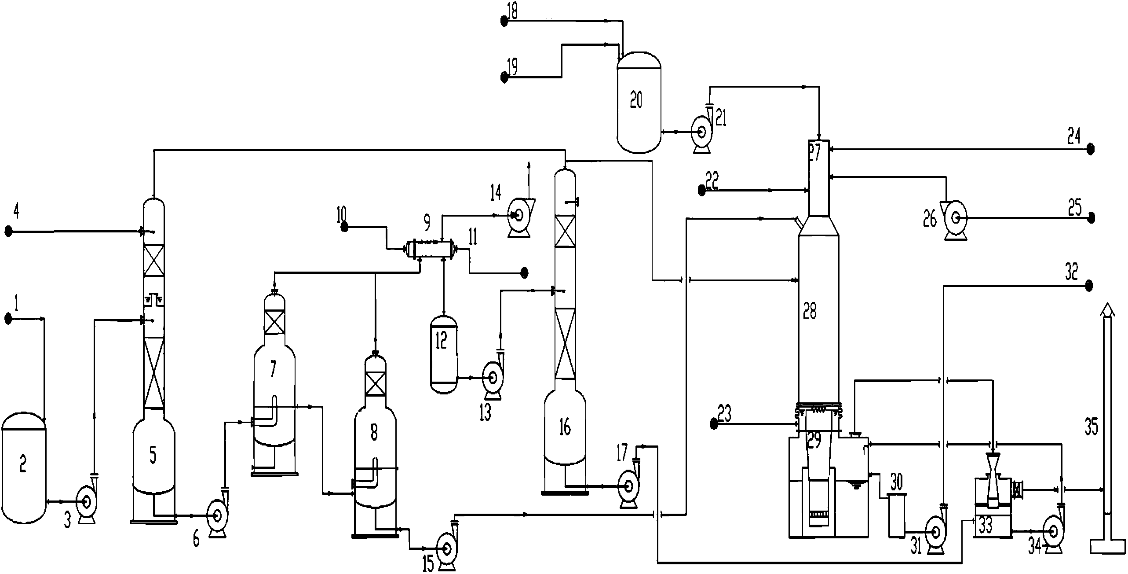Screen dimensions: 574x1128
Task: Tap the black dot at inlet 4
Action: [x=8, y=231]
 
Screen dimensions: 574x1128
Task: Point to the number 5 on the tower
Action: [x=153, y=456]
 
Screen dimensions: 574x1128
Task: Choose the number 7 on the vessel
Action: [x=273, y=369]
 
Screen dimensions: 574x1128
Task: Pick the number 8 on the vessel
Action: [x=374, y=432]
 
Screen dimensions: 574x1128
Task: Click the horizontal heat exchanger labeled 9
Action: [x=431, y=249]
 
